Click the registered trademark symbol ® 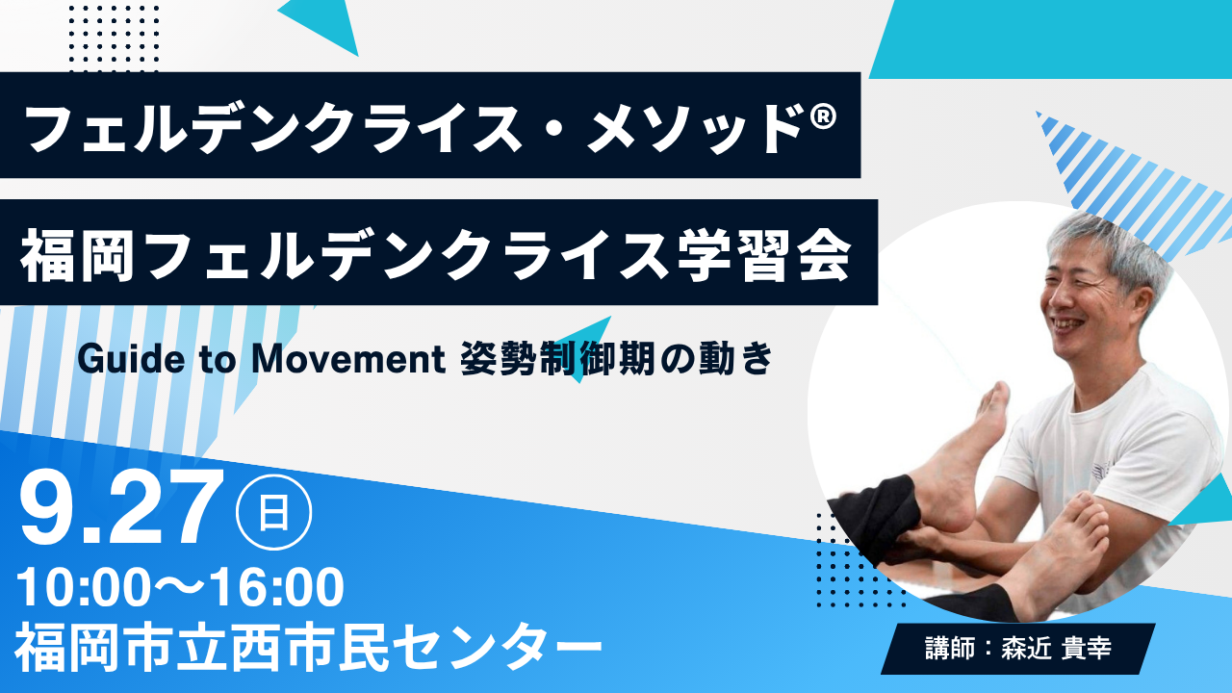(823, 116)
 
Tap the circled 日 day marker (274, 512)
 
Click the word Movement (348, 359)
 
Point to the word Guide (131, 359)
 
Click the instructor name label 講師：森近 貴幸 (1018, 648)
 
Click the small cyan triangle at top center (321, 26)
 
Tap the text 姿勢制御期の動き (617, 359)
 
